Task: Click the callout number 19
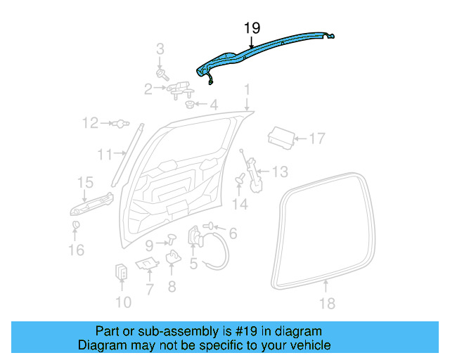(252, 28)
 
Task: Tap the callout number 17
(317, 139)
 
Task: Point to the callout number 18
(327, 303)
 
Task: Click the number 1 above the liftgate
(247, 90)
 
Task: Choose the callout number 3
(160, 49)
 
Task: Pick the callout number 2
(148, 89)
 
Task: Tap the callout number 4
(213, 105)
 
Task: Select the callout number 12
(90, 124)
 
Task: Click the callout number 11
(105, 154)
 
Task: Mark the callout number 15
(84, 184)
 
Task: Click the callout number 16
(76, 250)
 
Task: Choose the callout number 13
(280, 171)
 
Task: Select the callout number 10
(122, 302)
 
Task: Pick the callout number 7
(149, 288)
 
